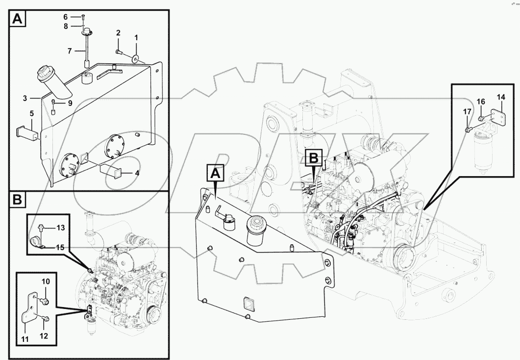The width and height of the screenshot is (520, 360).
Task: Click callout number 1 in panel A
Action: (x=136, y=38)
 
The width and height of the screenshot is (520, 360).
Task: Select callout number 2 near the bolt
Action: (x=118, y=33)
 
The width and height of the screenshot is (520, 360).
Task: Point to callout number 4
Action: (x=137, y=173)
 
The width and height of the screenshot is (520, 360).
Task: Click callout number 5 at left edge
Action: (x=31, y=113)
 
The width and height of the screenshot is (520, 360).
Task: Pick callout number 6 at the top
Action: (x=65, y=17)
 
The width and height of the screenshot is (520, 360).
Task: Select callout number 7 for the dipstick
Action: (x=69, y=51)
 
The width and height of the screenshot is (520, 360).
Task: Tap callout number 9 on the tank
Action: (x=70, y=103)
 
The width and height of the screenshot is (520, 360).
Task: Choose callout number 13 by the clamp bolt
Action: (x=60, y=228)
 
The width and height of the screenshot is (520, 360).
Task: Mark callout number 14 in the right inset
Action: (x=500, y=97)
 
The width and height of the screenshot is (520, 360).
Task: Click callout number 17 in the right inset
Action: (x=467, y=112)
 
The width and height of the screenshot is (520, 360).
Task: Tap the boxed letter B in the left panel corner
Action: (x=17, y=200)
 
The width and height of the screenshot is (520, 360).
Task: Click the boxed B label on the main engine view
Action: (x=314, y=158)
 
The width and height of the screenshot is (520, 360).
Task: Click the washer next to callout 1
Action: (x=135, y=59)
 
